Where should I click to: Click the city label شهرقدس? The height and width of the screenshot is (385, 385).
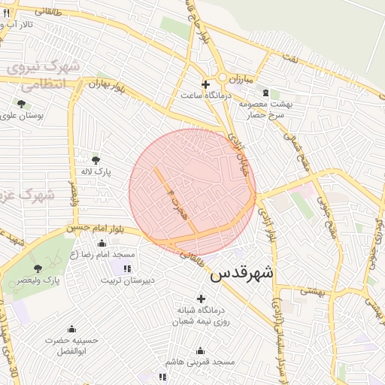(242, 273)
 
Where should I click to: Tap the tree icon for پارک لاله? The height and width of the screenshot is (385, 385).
(95, 159)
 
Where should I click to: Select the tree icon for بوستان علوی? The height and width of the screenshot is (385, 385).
(20, 104)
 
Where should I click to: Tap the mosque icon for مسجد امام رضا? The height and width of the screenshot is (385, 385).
(102, 243)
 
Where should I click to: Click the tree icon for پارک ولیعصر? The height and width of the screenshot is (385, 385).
(38, 268)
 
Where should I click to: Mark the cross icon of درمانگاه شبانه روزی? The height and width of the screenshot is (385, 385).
(201, 299)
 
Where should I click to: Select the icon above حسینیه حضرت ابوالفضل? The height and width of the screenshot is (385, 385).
(71, 329)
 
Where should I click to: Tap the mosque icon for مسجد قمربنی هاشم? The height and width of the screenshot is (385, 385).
(200, 350)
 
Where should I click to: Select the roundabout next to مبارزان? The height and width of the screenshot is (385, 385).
(223, 78)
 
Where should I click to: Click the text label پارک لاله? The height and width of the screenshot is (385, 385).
(96, 172)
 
